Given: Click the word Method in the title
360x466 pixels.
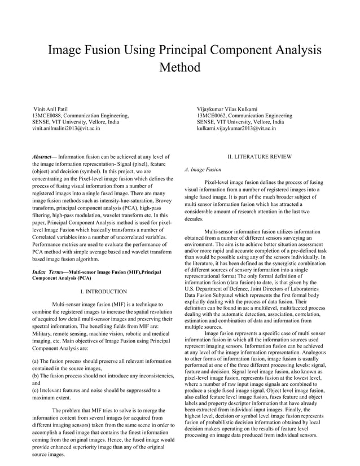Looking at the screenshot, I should tap(180, 68).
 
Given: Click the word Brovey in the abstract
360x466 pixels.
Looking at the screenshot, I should tap(160, 200).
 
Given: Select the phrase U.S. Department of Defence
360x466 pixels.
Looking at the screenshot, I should tap(220, 287).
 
